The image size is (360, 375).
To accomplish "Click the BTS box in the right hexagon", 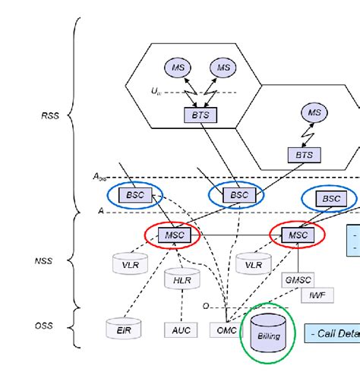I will (304, 154).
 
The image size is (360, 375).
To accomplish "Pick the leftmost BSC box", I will (135, 194).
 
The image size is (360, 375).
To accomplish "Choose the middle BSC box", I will (239, 195).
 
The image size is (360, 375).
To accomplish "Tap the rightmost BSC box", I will (332, 197).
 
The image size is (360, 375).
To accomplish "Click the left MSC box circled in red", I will (172, 235).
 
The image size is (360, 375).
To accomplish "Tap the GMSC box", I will (297, 279).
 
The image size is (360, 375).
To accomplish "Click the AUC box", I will (180, 329).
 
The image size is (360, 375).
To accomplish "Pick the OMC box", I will (226, 329).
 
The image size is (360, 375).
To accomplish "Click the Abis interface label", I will (100, 176).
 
